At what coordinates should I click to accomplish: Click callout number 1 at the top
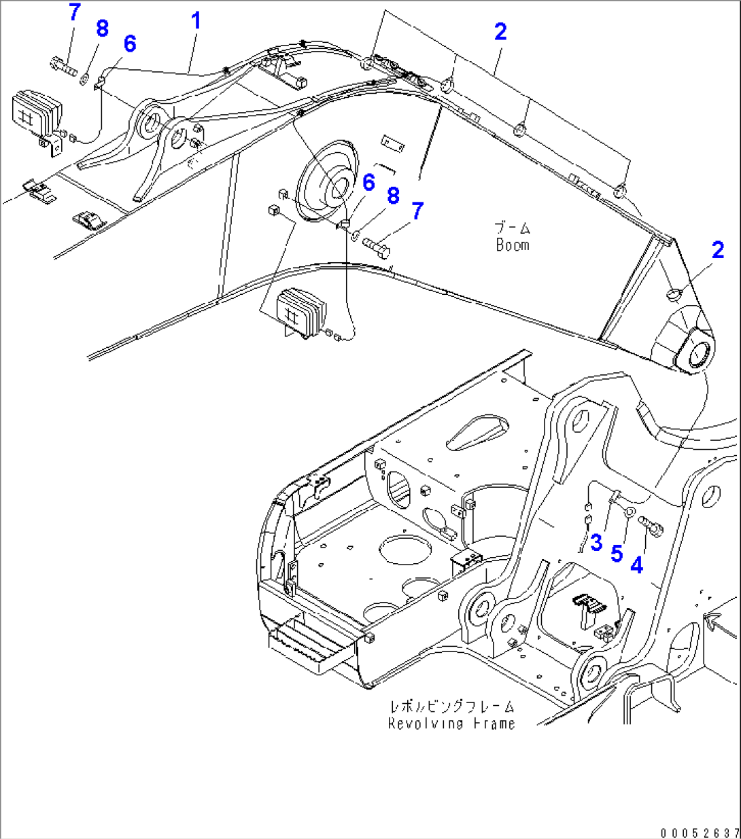(x=196, y=21)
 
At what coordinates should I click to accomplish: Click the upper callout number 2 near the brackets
(x=500, y=31)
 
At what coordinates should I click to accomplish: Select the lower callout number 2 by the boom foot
(x=718, y=250)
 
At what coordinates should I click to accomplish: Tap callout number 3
(x=596, y=542)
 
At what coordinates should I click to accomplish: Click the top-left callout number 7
(x=75, y=12)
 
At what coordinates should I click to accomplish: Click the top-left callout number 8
(x=102, y=29)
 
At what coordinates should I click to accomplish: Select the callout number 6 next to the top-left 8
(x=129, y=43)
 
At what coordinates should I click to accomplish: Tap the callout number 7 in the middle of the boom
(x=417, y=211)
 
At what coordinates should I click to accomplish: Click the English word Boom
(x=513, y=245)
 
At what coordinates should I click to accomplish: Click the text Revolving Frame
(x=451, y=724)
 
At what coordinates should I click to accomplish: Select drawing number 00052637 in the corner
(x=697, y=832)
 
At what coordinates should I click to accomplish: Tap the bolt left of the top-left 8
(x=63, y=67)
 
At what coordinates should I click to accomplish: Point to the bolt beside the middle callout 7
(x=377, y=245)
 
